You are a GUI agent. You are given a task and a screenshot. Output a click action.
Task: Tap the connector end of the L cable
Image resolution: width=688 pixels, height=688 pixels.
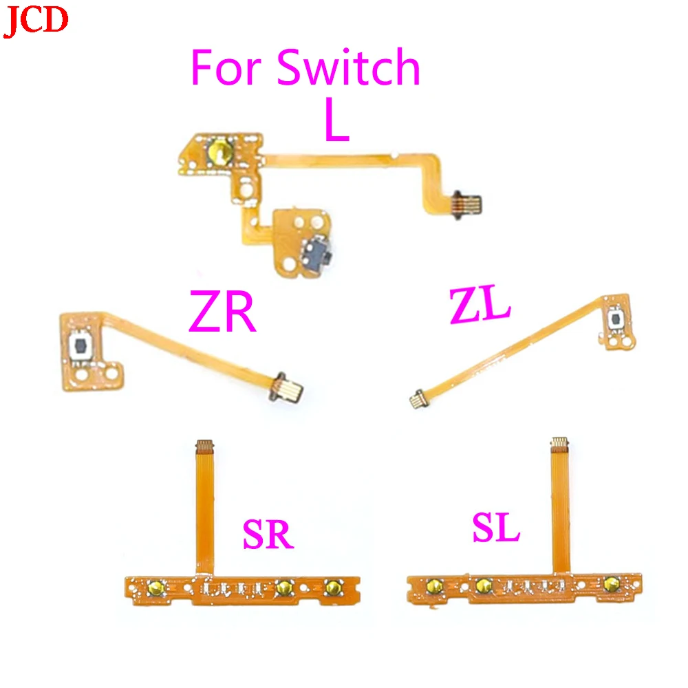tap(469, 202)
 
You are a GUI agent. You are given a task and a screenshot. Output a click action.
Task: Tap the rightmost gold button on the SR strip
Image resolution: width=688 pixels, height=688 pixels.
tap(334, 587)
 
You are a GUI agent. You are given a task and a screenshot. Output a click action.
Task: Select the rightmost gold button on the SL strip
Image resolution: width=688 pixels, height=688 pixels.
tap(610, 585)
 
